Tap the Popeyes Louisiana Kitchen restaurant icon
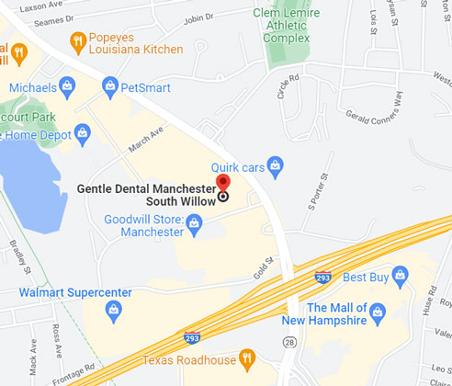pyautogui.click(x=79, y=41)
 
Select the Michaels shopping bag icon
pyautogui.click(x=67, y=85)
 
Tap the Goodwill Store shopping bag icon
pyautogui.click(x=194, y=222)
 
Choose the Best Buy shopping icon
pyautogui.click(x=399, y=275)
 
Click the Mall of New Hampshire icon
pyautogui.click(x=377, y=315)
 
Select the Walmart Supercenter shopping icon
pyautogui.click(x=112, y=309)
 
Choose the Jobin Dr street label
pyautogui.click(x=198, y=17)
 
